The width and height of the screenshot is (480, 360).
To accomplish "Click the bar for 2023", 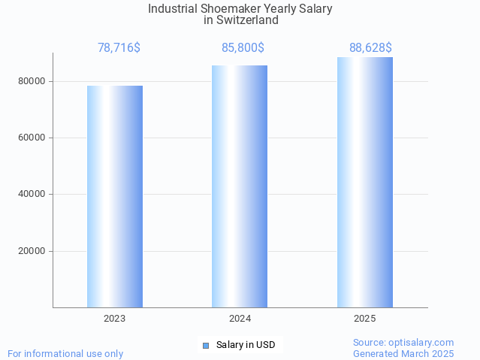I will (115, 196).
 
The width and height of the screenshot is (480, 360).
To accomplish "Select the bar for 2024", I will (240, 186).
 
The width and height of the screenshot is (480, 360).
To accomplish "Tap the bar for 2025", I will (364, 182).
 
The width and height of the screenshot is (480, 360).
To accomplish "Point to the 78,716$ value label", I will (119, 48).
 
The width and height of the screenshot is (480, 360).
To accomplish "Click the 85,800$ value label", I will (243, 48).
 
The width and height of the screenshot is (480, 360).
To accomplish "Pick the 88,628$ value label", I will (370, 48).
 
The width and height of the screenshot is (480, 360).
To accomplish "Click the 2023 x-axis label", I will (115, 319).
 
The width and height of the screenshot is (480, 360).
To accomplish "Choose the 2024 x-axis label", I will (240, 319).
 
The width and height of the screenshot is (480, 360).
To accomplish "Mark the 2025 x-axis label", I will (364, 319).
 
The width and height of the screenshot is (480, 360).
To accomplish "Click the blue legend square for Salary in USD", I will (205, 346).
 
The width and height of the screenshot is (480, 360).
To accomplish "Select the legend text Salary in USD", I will (245, 346).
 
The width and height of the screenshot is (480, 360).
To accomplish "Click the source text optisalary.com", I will (424, 342).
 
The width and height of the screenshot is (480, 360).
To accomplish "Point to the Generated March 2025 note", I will (403, 353).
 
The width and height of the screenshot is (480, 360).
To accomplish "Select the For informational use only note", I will (65, 353).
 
